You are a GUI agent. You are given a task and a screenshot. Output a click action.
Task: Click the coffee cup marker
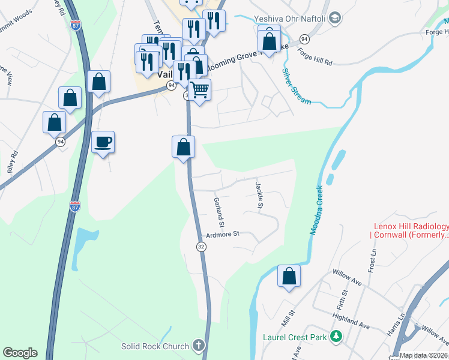pyautogui.click(x=103, y=142)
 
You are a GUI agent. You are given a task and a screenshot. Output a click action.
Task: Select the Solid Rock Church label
pyautogui.click(x=155, y=346)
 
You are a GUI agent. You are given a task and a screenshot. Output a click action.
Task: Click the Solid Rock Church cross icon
pyautogui.click(x=199, y=346)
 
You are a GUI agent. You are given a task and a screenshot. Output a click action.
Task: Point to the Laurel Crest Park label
pyautogui.click(x=295, y=337)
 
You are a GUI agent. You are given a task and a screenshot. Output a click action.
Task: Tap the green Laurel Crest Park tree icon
pyautogui.click(x=337, y=337)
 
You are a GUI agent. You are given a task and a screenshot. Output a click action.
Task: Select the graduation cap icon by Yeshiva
pyautogui.click(x=336, y=18)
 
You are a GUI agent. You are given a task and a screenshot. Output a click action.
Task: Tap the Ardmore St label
pyautogui.click(x=223, y=233)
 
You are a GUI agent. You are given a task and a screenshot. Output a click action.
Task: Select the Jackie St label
pyautogui.click(x=259, y=196)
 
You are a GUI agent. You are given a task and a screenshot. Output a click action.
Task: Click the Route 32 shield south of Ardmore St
pyautogui.click(x=201, y=247)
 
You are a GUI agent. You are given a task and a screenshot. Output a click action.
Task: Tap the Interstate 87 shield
pyautogui.click(x=75, y=206)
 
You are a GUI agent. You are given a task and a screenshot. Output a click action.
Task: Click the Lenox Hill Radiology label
pyautogui.click(x=411, y=230)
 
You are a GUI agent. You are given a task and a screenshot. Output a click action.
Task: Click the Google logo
pyautogui.click(x=20, y=353)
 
